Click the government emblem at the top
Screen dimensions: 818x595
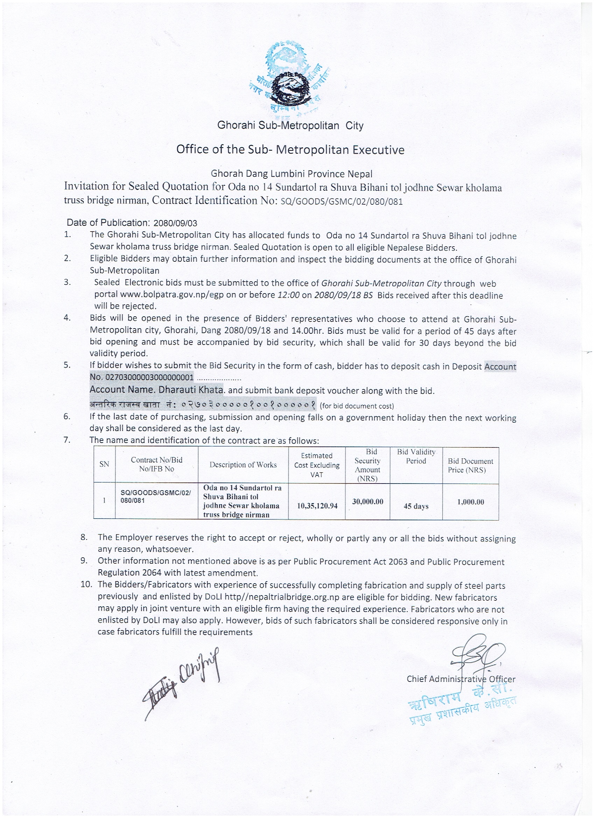[x=290, y=78]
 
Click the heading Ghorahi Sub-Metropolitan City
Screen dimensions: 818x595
[x=290, y=126]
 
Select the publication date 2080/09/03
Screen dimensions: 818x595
[x=175, y=223]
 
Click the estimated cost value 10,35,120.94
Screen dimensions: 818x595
[x=317, y=506]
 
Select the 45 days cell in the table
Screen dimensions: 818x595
[x=416, y=506]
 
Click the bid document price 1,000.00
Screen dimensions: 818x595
[x=470, y=502]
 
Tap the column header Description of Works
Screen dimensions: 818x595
[x=243, y=465]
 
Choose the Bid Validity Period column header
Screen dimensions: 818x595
[x=416, y=456]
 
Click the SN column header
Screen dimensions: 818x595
[x=104, y=464]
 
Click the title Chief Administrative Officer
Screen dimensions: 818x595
[x=461, y=679]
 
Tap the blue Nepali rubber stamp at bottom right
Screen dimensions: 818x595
[x=462, y=701]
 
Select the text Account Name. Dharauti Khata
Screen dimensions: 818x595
[x=156, y=389]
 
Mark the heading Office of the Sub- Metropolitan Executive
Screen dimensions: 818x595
[x=290, y=149]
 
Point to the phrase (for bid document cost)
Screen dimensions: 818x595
[x=357, y=406]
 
